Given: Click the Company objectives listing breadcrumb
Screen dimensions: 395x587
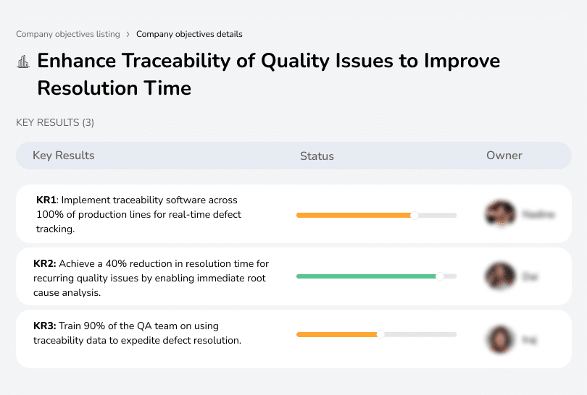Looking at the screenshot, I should pos(68,34).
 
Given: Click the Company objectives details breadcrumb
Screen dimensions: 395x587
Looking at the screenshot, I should pos(189,34).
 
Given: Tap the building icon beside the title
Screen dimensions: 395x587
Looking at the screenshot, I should pos(23,62).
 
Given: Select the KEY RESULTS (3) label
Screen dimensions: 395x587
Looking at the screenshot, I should pos(55,123).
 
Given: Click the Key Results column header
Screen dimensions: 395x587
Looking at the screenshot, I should pos(64,156).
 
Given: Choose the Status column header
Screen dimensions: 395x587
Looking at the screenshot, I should pos(317,156).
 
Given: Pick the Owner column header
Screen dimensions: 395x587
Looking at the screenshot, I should pos(504,156).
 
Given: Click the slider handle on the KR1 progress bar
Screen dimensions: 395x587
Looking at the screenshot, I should pos(415,215).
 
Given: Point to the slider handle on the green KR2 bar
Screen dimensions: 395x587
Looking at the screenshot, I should pos(439,276).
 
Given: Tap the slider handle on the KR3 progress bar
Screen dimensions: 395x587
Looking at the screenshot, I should pos(380,334).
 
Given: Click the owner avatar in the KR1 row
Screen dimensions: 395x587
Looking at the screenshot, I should pos(499,214).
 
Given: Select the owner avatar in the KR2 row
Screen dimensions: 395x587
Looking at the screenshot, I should pos(499,276).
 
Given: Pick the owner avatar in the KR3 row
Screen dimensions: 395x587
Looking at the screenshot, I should pos(499,339).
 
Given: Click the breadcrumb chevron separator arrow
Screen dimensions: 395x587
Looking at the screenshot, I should pos(128,34).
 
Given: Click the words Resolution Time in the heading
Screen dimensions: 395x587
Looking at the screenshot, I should pos(115,88).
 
